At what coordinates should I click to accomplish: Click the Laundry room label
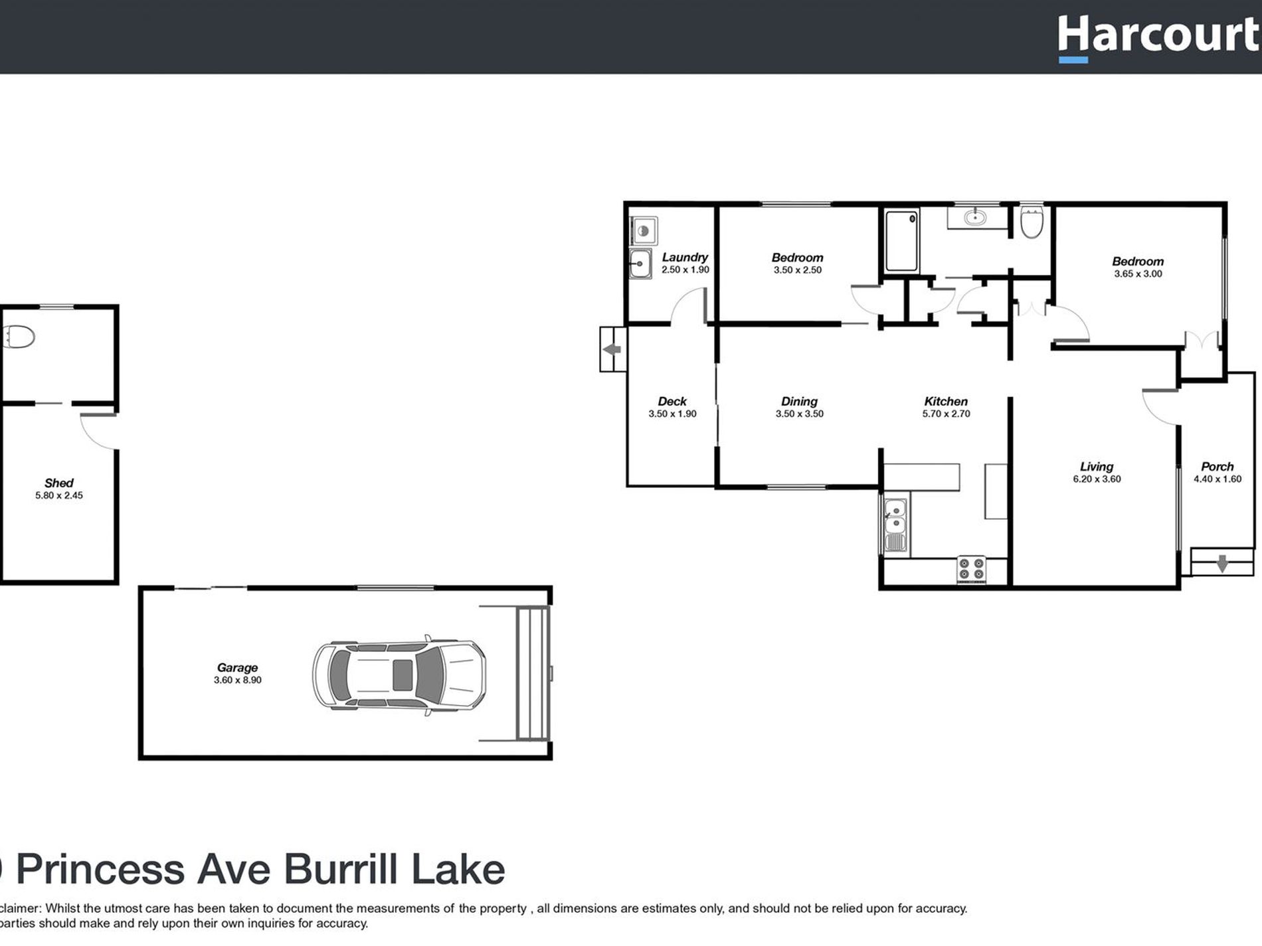point(684,257)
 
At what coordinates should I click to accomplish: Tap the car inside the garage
point(399,675)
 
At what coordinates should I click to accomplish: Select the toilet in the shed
point(18,337)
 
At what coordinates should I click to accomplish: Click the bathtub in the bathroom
point(901,240)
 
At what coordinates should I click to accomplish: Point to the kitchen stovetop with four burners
point(971,570)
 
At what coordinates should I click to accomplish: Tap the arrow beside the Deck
point(612,349)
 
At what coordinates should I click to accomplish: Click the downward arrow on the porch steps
point(1221,564)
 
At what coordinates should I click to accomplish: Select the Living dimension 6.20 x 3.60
point(1097,479)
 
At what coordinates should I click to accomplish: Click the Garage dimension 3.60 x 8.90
point(237,680)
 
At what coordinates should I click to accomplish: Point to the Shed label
point(58,483)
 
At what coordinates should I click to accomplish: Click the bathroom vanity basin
point(975,217)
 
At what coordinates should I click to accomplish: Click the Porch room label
point(1217,467)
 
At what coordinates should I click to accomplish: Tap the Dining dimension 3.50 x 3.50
point(799,414)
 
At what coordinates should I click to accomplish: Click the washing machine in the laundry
point(642,231)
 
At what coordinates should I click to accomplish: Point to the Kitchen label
point(945,402)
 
